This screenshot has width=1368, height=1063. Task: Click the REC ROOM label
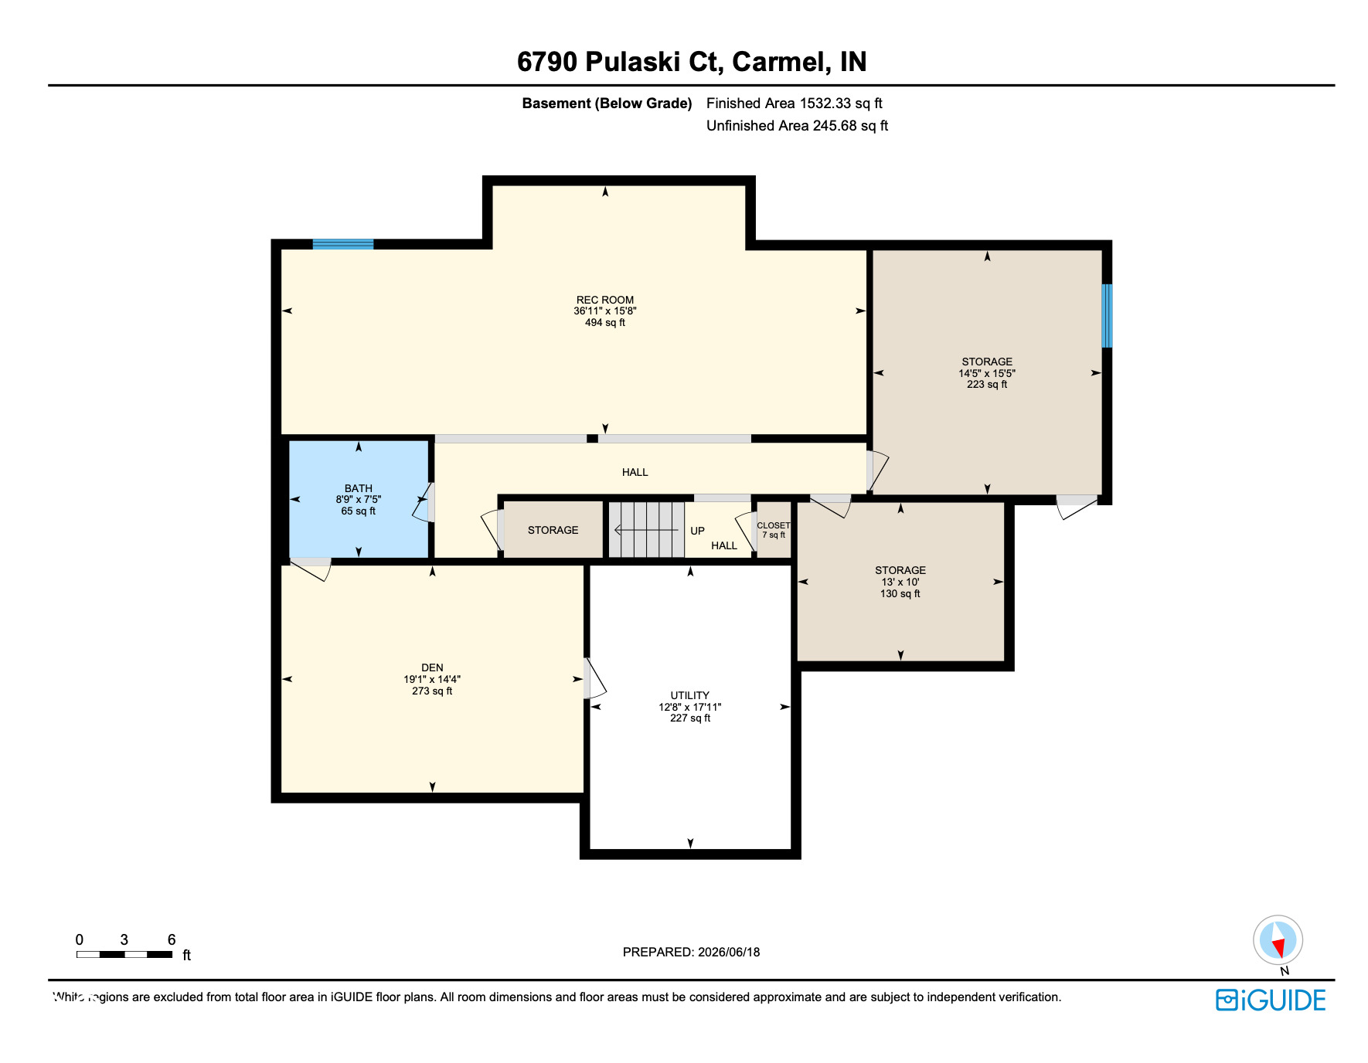coord(604,300)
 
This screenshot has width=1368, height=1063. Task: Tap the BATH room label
coord(359,488)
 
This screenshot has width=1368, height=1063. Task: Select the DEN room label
coord(432,667)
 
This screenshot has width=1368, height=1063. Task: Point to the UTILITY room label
coord(689,695)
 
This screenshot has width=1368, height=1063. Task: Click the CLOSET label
coord(774,525)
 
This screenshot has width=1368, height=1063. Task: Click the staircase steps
coord(646,530)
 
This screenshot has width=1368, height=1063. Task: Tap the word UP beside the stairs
coord(697,531)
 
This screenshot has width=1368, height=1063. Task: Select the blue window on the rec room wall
coord(343,244)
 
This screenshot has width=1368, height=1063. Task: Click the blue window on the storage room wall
coord(1107,315)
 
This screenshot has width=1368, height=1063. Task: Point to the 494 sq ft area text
coord(604,323)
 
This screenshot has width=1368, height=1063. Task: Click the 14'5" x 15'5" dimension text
coord(987,373)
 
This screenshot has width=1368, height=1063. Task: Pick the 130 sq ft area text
coord(900,594)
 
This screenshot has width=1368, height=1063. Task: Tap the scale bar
coord(124,955)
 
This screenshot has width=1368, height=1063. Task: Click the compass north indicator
coord(1278,940)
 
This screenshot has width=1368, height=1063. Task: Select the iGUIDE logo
coord(1271,1000)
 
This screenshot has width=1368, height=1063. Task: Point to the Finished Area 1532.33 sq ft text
coord(794,104)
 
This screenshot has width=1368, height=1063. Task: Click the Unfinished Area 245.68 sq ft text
coord(797,126)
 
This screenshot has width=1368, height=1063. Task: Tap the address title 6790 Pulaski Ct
coord(620,62)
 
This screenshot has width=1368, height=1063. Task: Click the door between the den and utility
coord(594,678)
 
